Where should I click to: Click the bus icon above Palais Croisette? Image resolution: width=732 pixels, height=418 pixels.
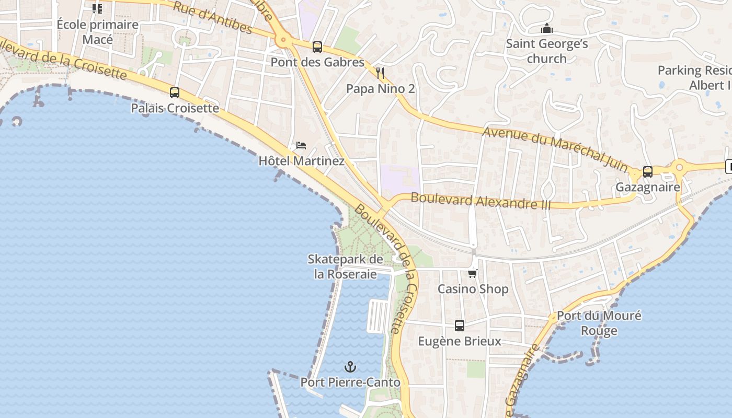pyautogui.click(x=175, y=93)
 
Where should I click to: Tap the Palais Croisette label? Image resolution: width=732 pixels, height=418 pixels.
pyautogui.click(x=175, y=108)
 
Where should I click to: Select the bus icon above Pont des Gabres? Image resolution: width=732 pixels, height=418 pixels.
pyautogui.click(x=317, y=47)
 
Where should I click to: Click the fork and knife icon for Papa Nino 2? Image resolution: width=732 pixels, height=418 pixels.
pyautogui.click(x=380, y=73)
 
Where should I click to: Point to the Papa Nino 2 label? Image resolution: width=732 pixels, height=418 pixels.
pyautogui.click(x=380, y=89)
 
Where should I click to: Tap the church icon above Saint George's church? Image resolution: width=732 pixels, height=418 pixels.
pyautogui.click(x=547, y=28)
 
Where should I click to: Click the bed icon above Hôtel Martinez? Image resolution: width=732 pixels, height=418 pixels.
pyautogui.click(x=301, y=145)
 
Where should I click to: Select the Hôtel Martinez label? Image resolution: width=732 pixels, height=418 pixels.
pyautogui.click(x=301, y=161)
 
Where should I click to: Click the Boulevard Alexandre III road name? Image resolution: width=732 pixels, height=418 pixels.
pyautogui.click(x=481, y=201)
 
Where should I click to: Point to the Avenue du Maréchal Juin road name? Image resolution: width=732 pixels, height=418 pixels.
pyautogui.click(x=555, y=149)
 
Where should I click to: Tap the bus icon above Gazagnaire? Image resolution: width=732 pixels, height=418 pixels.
pyautogui.click(x=648, y=172)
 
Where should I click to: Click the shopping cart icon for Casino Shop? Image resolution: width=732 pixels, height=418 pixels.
pyautogui.click(x=473, y=273)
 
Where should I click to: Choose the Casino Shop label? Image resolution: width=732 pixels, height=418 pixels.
pyautogui.click(x=473, y=289)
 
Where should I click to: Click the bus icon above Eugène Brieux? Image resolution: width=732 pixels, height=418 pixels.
pyautogui.click(x=460, y=326)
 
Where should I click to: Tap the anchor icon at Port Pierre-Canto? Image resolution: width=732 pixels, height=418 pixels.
pyautogui.click(x=350, y=367)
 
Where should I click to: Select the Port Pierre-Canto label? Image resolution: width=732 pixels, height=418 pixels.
pyautogui.click(x=350, y=382)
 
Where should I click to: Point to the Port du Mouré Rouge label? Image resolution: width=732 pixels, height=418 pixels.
pyautogui.click(x=599, y=323)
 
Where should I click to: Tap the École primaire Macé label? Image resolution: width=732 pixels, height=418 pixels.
pyautogui.click(x=98, y=32)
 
